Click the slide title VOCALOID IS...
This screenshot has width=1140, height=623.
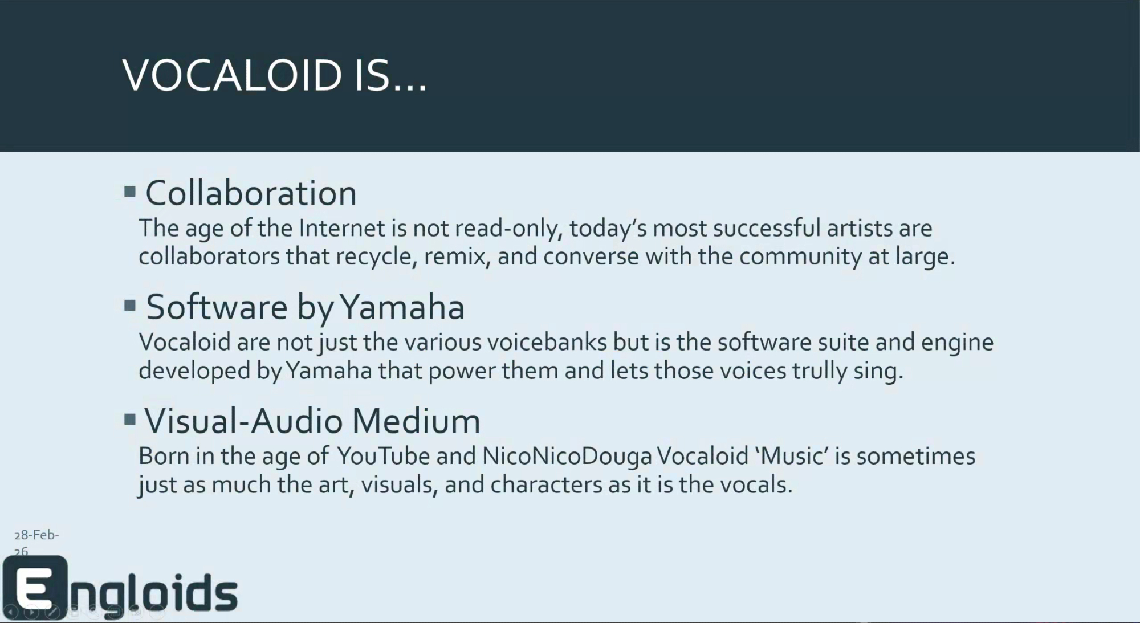pos(275,76)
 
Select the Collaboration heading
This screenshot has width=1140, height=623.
pos(251,193)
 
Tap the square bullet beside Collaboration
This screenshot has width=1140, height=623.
pos(130,192)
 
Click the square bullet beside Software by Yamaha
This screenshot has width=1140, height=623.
pos(130,306)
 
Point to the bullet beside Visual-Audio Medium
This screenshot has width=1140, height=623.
pos(130,420)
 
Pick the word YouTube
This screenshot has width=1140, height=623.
pos(383,456)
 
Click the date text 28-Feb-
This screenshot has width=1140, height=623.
pos(36,535)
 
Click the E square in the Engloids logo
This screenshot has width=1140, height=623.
pos(35,587)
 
